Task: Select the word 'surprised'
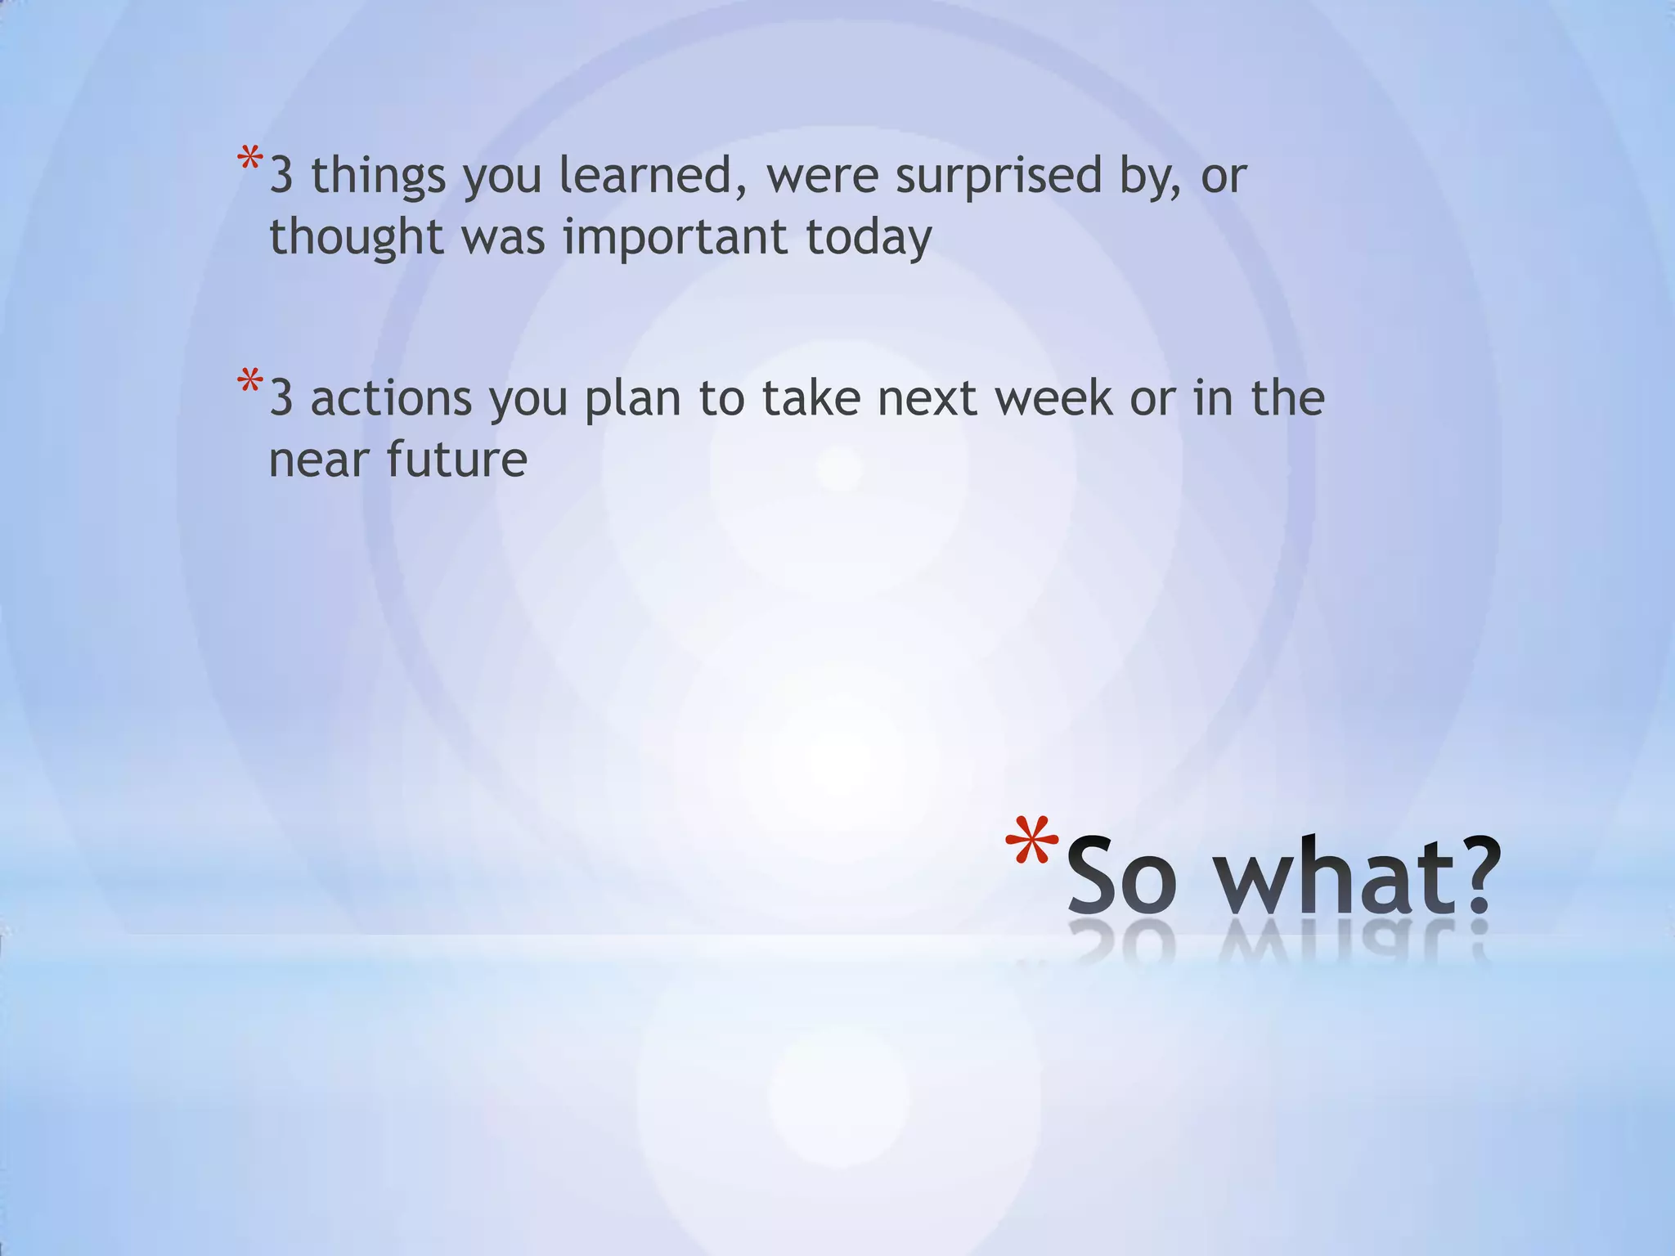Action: coord(999,177)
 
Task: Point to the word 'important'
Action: coord(675,237)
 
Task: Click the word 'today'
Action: coord(869,237)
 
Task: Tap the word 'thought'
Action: coord(357,237)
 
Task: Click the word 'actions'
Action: coord(391,398)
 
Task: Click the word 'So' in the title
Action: coord(1121,876)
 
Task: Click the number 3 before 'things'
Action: coord(281,176)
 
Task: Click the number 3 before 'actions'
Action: coord(281,398)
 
